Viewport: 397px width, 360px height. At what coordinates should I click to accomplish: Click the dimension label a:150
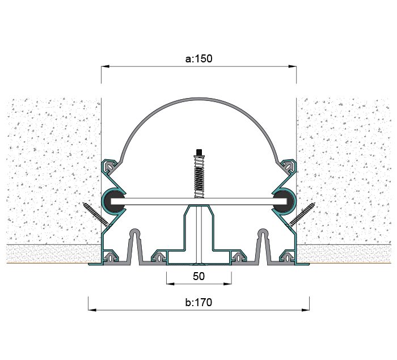click(x=198, y=58)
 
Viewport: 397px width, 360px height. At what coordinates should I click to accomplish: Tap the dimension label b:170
click(x=198, y=302)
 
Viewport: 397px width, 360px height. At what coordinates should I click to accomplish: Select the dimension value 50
click(x=198, y=276)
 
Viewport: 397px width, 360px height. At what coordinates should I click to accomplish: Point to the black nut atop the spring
click(x=199, y=152)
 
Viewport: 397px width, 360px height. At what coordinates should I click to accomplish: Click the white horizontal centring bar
click(x=199, y=201)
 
